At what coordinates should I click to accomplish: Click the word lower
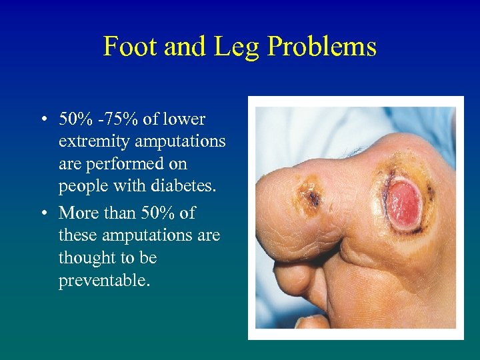tap(183, 120)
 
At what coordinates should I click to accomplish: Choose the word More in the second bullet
tap(79, 213)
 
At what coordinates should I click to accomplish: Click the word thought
tap(83, 259)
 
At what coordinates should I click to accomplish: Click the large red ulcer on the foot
tap(403, 202)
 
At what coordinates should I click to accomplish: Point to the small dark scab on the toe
tap(311, 195)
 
